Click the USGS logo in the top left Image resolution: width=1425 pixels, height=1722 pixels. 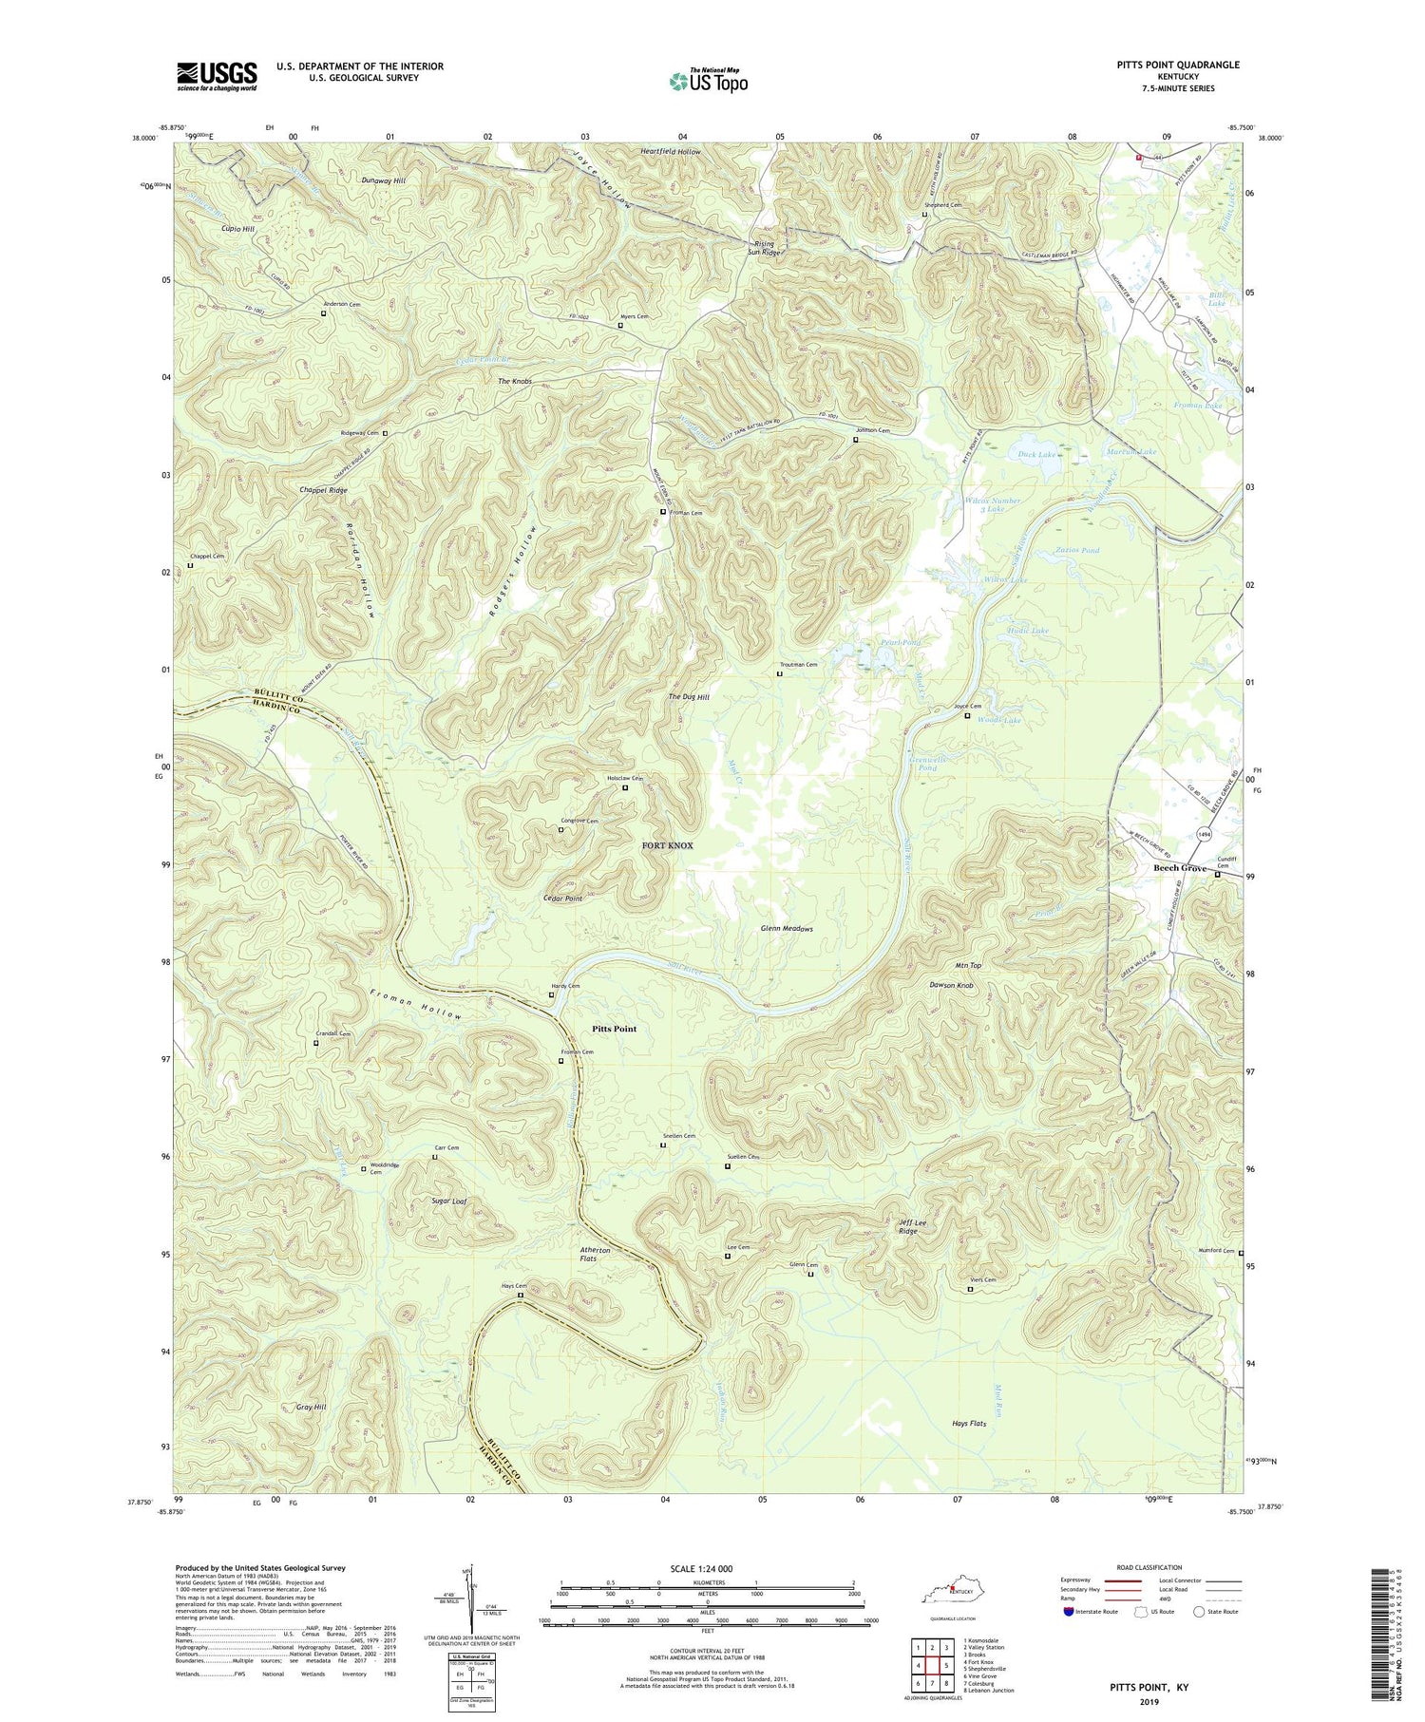click(217, 76)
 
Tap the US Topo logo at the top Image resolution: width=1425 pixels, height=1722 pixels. click(708, 81)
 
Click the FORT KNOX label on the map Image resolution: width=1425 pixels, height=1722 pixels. click(667, 845)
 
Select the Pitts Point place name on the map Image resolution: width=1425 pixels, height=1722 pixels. click(614, 1029)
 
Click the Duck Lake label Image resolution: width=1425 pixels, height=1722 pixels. click(1035, 455)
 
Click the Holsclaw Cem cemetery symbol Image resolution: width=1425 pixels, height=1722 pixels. click(625, 787)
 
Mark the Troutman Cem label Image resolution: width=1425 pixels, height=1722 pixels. click(798, 665)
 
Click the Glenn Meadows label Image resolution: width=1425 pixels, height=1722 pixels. click(787, 928)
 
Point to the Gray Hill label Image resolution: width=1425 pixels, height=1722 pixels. click(311, 1407)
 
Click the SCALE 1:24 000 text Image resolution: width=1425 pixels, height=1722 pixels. click(707, 1568)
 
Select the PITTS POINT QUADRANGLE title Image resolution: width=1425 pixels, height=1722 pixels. click(1178, 65)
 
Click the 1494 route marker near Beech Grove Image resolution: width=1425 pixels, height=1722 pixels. click(1205, 833)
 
